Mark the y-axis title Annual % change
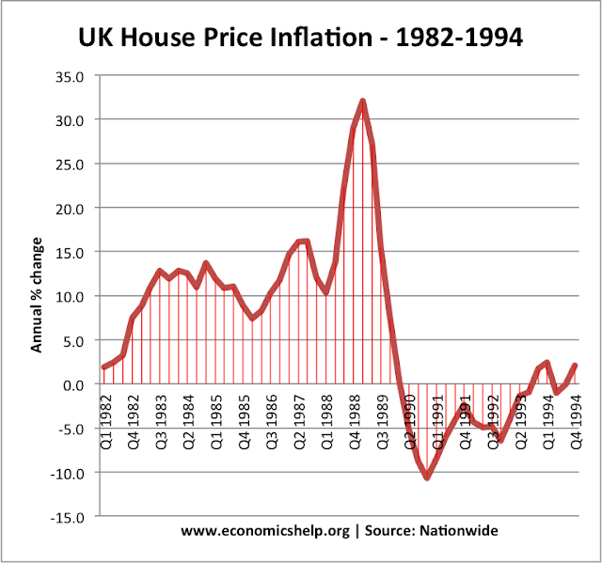[x=37, y=295]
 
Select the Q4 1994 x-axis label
[x=573, y=419]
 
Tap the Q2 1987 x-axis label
[x=301, y=419]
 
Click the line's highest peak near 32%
[x=362, y=102]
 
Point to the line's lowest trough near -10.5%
[x=427, y=477]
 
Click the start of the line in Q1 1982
[x=103, y=368]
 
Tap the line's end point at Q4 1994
[x=574, y=366]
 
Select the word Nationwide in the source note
[x=461, y=531]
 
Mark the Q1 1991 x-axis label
[x=437, y=419]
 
